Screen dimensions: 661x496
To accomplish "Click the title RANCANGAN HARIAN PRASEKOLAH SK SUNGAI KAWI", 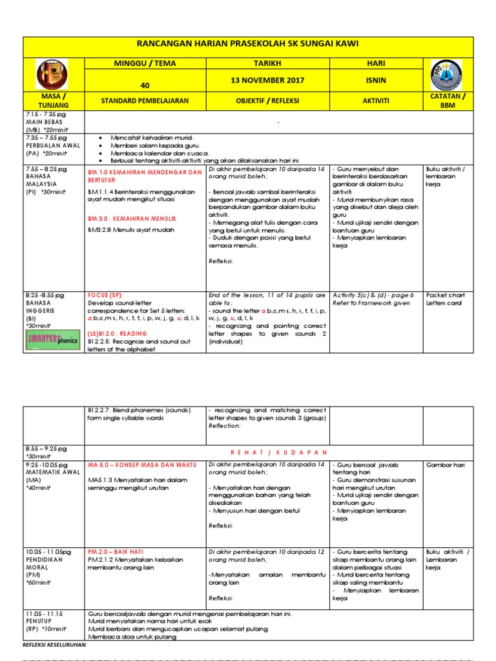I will (x=247, y=47).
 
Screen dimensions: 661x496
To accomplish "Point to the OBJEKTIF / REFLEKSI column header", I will (x=268, y=101).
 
